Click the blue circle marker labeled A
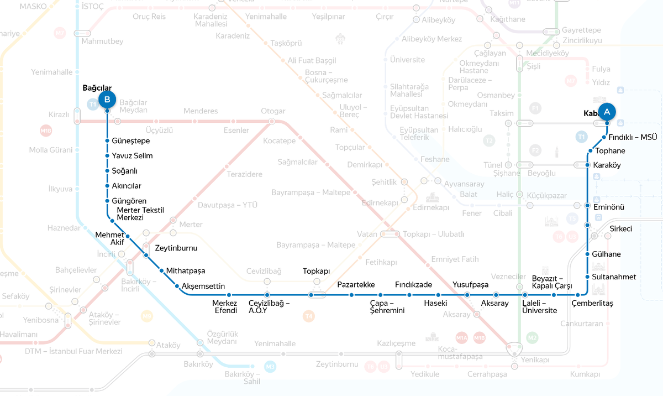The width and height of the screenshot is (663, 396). click(607, 112)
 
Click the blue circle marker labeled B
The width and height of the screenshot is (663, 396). click(107, 100)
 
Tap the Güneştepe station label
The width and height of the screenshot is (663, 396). click(131, 141)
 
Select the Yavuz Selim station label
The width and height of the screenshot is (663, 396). click(132, 156)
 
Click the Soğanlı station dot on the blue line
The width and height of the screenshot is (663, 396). click(107, 171)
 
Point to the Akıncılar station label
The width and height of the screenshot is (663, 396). click(127, 186)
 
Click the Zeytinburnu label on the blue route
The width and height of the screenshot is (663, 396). click(176, 248)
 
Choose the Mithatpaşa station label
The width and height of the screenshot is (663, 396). click(186, 271)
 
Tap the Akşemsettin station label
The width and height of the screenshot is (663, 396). click(203, 286)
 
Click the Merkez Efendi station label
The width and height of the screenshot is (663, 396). click(225, 307)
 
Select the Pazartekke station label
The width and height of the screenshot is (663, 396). click(356, 285)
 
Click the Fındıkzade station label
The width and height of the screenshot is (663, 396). click(413, 285)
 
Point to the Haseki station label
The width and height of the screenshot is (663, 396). click(435, 304)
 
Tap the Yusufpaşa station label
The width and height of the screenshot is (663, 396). click(471, 285)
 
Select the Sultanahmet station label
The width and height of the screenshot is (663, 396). click(614, 277)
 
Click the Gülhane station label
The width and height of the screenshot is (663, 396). click(606, 254)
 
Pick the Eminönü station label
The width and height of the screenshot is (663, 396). click(608, 207)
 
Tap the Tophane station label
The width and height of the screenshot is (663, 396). click(610, 151)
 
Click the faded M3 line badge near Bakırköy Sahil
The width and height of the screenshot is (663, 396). click(270, 366)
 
